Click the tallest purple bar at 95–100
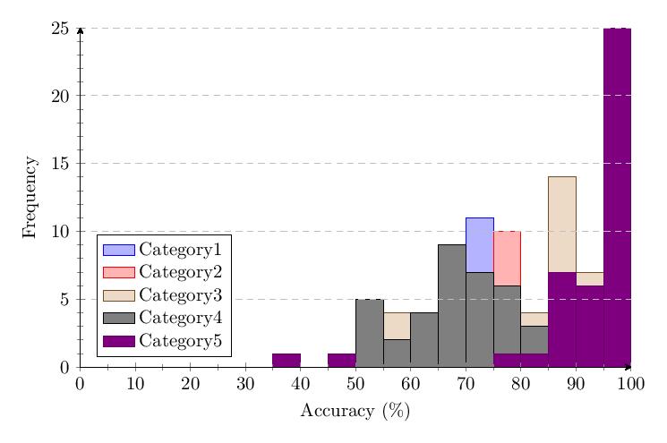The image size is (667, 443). click(x=617, y=197)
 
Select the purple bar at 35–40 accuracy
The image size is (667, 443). click(x=286, y=360)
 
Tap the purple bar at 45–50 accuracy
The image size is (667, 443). click(x=341, y=360)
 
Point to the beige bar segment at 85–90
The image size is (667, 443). click(x=561, y=224)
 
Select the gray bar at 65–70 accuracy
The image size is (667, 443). click(x=451, y=305)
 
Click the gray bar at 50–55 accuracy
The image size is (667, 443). click(x=369, y=333)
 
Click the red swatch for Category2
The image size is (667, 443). click(x=118, y=272)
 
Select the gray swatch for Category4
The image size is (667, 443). click(x=118, y=319)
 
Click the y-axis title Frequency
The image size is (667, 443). click(x=30, y=197)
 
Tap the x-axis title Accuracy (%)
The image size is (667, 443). click(x=355, y=411)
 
